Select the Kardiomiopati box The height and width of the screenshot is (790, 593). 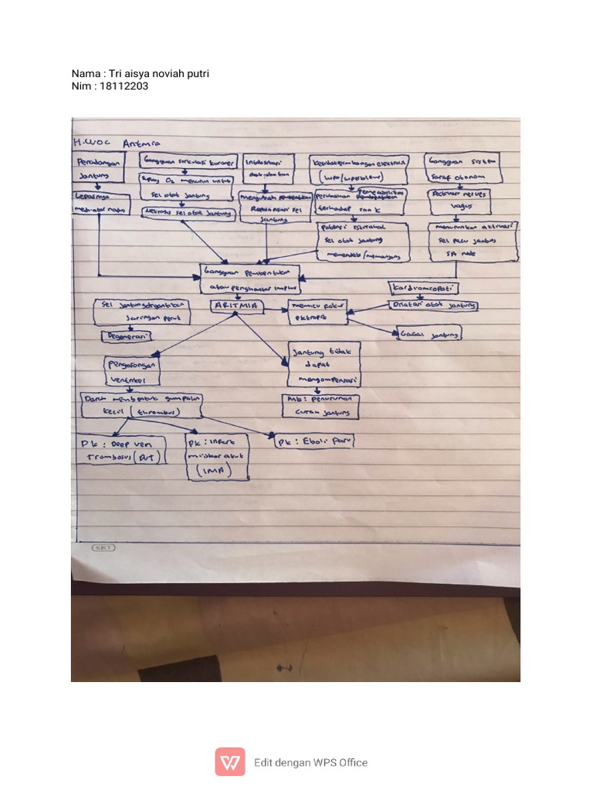point(423,288)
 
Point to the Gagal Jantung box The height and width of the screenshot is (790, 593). point(429,333)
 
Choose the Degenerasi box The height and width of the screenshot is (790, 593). point(127,336)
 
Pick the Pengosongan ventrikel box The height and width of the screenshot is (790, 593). point(133,372)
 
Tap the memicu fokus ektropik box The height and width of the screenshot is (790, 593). point(317,311)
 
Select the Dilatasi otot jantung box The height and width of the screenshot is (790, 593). point(433,306)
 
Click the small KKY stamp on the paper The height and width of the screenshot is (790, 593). point(103,548)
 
